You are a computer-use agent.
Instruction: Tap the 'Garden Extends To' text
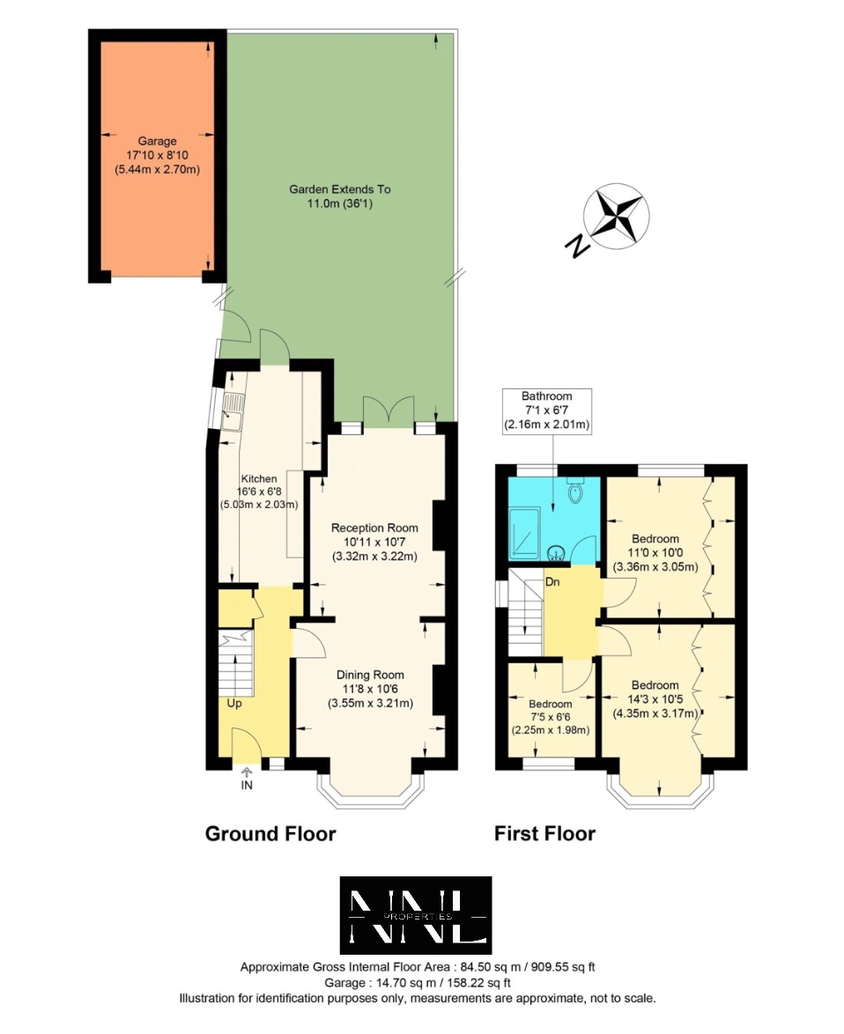point(339,189)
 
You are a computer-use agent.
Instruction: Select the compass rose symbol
point(616,216)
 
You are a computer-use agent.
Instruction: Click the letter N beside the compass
point(576,246)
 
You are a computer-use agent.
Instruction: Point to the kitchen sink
point(232,412)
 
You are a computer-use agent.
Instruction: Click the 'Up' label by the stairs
point(234,704)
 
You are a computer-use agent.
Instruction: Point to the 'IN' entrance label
point(247,786)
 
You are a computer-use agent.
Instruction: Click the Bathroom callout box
point(546,410)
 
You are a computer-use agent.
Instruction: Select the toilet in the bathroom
point(575,490)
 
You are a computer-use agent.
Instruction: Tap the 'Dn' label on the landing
point(552,582)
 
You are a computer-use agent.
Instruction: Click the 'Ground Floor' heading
point(270,833)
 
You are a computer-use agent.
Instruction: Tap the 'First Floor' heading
point(544,833)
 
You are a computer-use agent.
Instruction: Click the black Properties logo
point(416,915)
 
